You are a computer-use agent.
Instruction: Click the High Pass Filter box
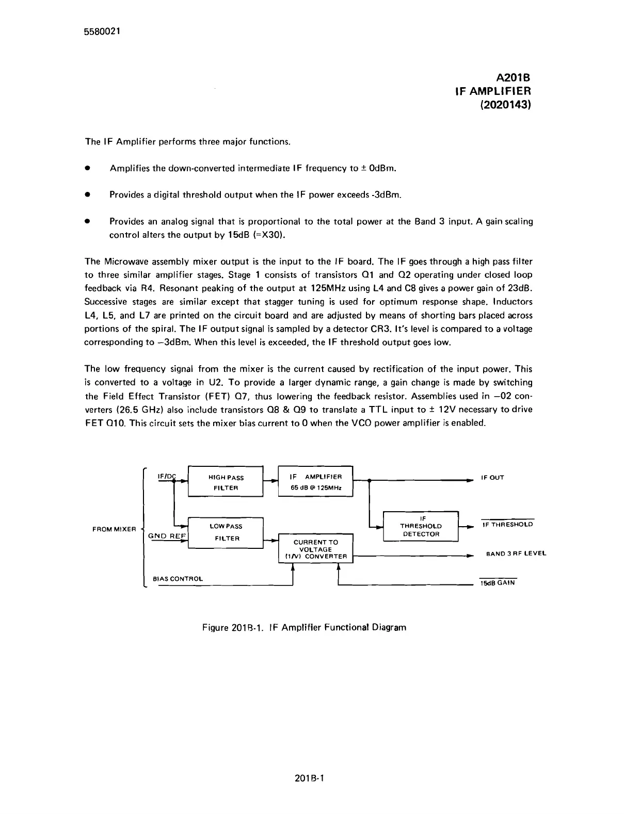point(226,482)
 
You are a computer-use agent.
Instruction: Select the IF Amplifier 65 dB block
point(315,482)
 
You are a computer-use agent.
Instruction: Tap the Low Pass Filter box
point(226,532)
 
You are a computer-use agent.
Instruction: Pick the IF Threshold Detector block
point(421,526)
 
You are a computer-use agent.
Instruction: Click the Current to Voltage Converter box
point(315,549)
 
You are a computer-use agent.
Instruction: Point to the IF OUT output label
point(492,478)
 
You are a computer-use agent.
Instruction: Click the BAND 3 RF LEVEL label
point(516,554)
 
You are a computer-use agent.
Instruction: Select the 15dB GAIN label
point(498,583)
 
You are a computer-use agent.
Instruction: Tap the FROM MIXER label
point(114,529)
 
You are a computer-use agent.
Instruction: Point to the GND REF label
point(166,536)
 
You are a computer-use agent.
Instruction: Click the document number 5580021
point(102,31)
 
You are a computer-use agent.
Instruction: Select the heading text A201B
point(513,78)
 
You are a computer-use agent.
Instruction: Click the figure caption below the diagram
point(304,627)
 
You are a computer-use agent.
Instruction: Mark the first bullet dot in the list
point(88,168)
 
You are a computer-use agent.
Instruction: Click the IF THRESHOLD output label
point(507,525)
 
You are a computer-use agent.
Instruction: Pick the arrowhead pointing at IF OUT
point(470,480)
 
